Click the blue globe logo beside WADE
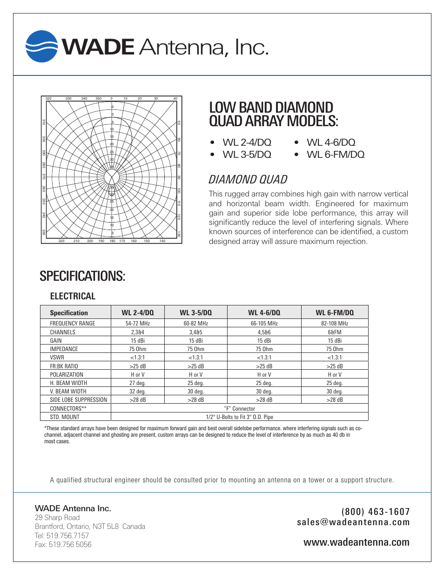click(x=42, y=47)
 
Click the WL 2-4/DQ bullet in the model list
click(x=247, y=142)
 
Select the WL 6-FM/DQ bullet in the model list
click(x=335, y=155)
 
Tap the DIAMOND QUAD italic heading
click(x=248, y=180)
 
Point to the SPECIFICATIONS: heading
click(x=82, y=276)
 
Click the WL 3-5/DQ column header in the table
click(x=195, y=313)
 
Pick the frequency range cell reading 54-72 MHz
click(x=138, y=324)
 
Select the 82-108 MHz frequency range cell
click(x=334, y=324)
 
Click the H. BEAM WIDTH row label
click(x=68, y=383)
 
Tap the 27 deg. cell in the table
click(x=138, y=383)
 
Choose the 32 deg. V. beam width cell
click(x=138, y=392)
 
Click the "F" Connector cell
click(x=239, y=409)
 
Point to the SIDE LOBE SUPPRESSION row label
click(x=78, y=400)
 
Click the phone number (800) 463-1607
click(x=375, y=512)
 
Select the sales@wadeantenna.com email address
click(x=353, y=522)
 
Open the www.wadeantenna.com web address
click(x=357, y=542)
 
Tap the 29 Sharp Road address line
click(x=57, y=518)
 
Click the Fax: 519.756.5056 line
click(x=63, y=545)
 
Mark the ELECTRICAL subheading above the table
click(x=73, y=297)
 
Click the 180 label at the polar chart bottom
click(x=112, y=241)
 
